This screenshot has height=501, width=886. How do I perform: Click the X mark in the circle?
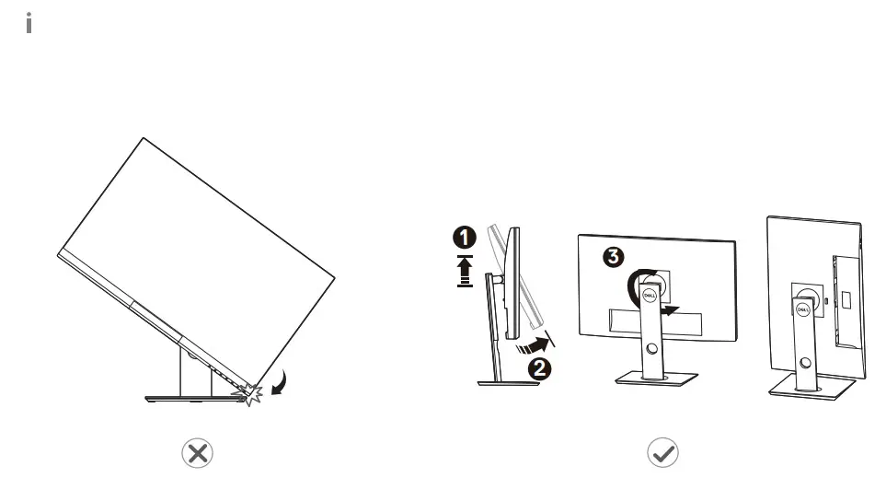(197, 452)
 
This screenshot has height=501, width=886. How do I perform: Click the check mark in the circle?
(662, 452)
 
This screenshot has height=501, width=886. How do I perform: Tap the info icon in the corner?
(29, 24)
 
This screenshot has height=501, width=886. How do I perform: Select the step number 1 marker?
(466, 238)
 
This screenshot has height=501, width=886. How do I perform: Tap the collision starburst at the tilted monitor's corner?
(248, 393)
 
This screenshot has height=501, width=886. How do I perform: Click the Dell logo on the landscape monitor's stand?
(648, 297)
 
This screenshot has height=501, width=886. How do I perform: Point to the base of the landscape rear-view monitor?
(654, 379)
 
